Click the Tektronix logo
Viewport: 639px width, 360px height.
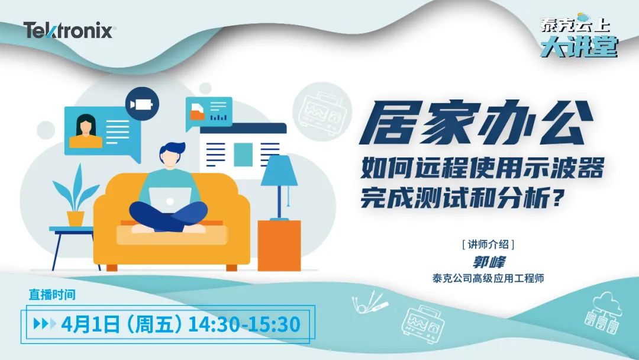69,30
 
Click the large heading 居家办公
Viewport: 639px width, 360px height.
476,123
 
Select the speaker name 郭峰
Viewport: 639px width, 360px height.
489,262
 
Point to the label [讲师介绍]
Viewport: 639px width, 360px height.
488,244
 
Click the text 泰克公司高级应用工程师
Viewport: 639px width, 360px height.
488,278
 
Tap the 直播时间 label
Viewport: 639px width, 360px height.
52,294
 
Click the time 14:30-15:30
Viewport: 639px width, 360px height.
244,324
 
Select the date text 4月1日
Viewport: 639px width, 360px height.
91,324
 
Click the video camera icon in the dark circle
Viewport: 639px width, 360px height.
142,104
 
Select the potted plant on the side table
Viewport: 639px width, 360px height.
76,197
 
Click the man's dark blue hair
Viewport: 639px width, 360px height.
173,149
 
